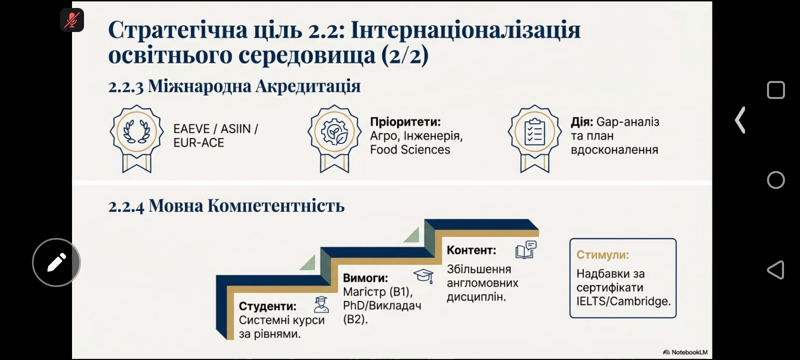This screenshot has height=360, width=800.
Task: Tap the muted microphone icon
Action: [72, 20]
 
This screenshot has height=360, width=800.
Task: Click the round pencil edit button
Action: [56, 262]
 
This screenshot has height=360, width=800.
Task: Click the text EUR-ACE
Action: [198, 143]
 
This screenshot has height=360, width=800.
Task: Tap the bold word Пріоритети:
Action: [405, 122]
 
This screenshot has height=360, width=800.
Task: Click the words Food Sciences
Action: [410, 149]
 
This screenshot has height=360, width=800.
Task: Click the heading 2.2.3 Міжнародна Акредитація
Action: [234, 86]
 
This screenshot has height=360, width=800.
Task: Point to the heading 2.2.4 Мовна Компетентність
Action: [226, 206]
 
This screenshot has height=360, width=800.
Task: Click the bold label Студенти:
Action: [267, 306]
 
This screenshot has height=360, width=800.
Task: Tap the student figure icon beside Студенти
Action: [321, 304]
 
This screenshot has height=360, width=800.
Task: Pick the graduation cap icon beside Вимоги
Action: [423, 276]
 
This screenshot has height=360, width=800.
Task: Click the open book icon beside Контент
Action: [526, 249]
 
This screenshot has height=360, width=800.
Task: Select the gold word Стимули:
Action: [602, 255]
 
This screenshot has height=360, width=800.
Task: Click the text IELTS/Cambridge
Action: [623, 301]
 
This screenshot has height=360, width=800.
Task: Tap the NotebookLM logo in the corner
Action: [685, 352]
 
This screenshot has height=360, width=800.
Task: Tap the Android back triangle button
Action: [775, 269]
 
